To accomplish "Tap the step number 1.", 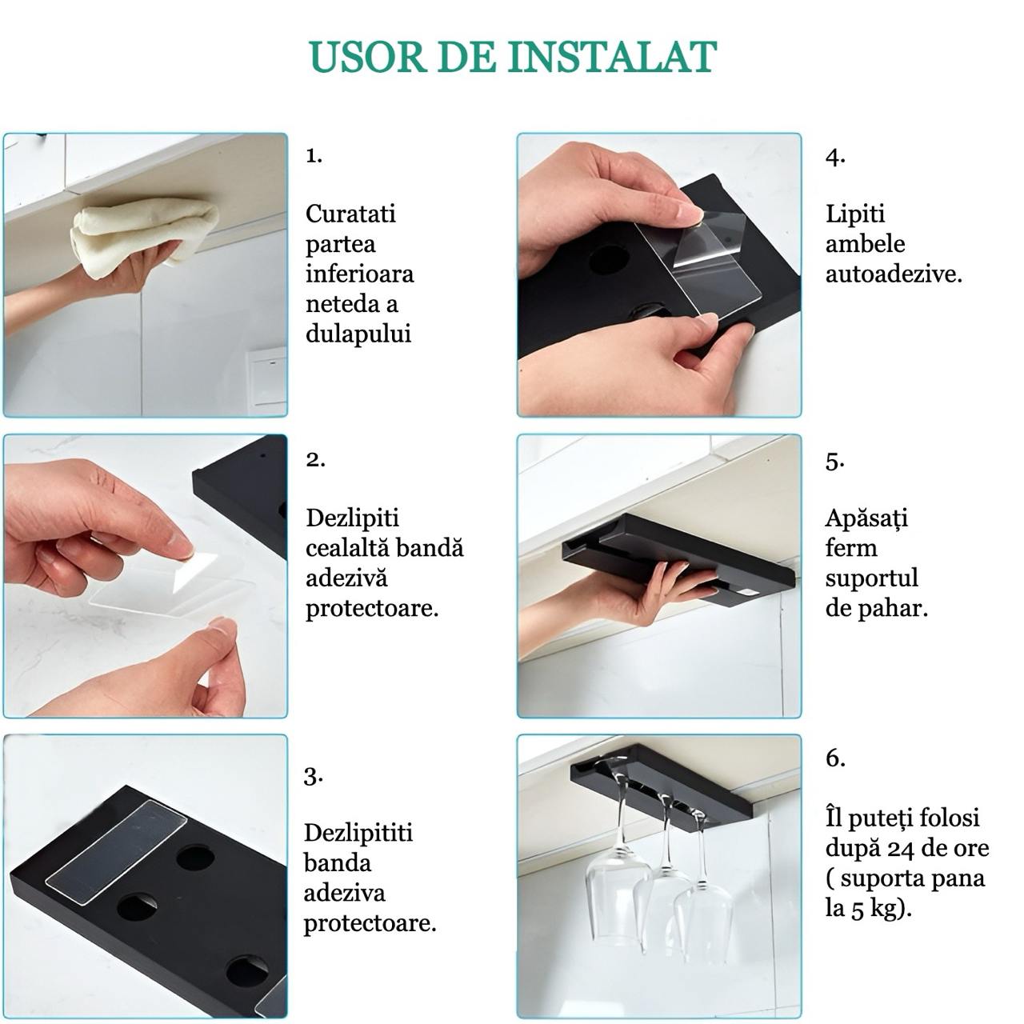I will click(x=314, y=155).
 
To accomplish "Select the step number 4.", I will click(x=835, y=157).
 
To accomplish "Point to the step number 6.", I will click(x=835, y=758).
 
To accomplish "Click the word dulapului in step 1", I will click(x=358, y=334).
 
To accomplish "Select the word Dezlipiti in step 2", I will click(x=352, y=518).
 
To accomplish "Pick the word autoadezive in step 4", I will click(x=892, y=274).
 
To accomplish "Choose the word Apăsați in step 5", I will click(x=866, y=518).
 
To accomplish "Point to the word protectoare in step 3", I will click(x=370, y=924).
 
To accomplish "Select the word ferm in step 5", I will click(x=851, y=548).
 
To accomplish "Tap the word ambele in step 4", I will click(x=865, y=244).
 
